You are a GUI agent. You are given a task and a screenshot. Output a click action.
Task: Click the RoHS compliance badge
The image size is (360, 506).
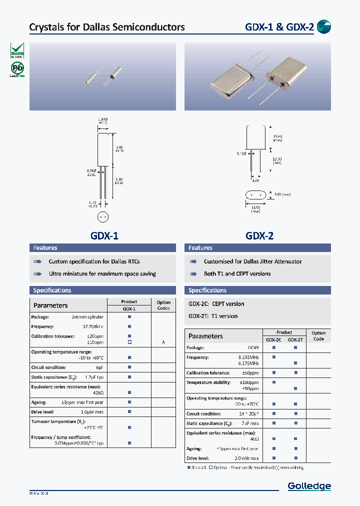point(17,51)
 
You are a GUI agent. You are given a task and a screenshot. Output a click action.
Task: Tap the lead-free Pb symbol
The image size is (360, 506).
point(17,68)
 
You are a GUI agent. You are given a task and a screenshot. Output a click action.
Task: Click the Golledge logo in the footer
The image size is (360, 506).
point(309,486)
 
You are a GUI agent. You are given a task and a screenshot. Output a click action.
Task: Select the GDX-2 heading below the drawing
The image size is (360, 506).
point(259,236)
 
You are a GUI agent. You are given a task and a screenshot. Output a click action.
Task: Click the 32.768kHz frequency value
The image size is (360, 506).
point(93,326)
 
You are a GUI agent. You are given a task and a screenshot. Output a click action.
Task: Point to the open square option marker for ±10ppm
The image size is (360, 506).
point(129,342)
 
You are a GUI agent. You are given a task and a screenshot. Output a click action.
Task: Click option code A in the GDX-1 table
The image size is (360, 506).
point(163,342)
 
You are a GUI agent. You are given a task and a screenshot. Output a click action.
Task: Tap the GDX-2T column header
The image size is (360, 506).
point(295,339)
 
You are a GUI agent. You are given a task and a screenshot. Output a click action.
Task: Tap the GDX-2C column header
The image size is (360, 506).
point(273,339)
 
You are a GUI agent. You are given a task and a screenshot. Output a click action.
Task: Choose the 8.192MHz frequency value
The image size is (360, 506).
point(248,357)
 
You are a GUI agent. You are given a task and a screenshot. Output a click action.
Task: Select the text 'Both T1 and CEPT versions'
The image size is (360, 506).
point(237,274)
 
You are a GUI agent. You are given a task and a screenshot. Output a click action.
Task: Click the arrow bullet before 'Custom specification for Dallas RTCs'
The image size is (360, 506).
point(37,261)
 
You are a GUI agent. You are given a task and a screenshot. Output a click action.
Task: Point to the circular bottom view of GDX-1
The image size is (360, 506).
point(102,217)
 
